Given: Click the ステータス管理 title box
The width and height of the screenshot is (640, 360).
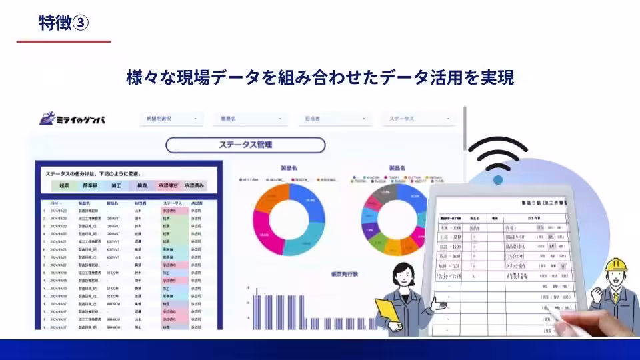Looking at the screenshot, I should (245, 145).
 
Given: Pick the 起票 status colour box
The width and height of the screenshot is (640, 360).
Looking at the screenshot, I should (64, 185).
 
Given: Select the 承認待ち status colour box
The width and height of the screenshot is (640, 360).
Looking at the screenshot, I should (168, 185).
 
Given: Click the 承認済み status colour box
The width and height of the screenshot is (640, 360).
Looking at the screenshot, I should (195, 185).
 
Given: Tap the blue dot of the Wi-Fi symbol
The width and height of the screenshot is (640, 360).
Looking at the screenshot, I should (497, 180).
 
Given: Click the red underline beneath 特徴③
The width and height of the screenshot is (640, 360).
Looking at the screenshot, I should (63, 41).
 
